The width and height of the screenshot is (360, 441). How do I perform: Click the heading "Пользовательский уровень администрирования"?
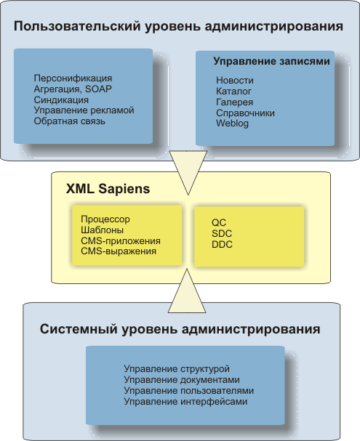[178, 27]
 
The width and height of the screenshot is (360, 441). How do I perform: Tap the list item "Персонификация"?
[73, 78]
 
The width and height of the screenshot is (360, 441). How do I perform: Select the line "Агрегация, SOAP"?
[73, 89]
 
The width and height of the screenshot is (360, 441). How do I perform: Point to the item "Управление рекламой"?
[84, 110]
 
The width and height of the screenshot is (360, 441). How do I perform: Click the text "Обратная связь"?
[70, 121]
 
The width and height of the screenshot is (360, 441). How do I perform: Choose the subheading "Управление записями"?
[271, 61]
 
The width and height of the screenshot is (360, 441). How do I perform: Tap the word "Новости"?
[235, 81]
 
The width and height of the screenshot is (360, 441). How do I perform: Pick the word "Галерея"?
[234, 102]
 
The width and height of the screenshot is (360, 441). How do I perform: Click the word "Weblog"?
[232, 124]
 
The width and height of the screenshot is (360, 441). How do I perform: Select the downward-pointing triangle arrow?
[188, 169]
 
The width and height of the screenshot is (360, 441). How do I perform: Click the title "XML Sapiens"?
[108, 189]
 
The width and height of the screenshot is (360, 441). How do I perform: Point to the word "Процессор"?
[105, 219]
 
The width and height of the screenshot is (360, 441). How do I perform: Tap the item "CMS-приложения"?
[121, 241]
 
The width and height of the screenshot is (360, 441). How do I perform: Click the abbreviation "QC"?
[219, 223]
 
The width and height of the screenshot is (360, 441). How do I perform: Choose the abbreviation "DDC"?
[222, 244]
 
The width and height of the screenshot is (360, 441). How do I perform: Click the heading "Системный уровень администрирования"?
[180, 329]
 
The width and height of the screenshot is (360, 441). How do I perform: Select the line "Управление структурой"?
[177, 369]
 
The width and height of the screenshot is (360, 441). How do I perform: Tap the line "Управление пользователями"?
[189, 391]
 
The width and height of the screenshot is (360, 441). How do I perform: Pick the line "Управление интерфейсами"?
[185, 402]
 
